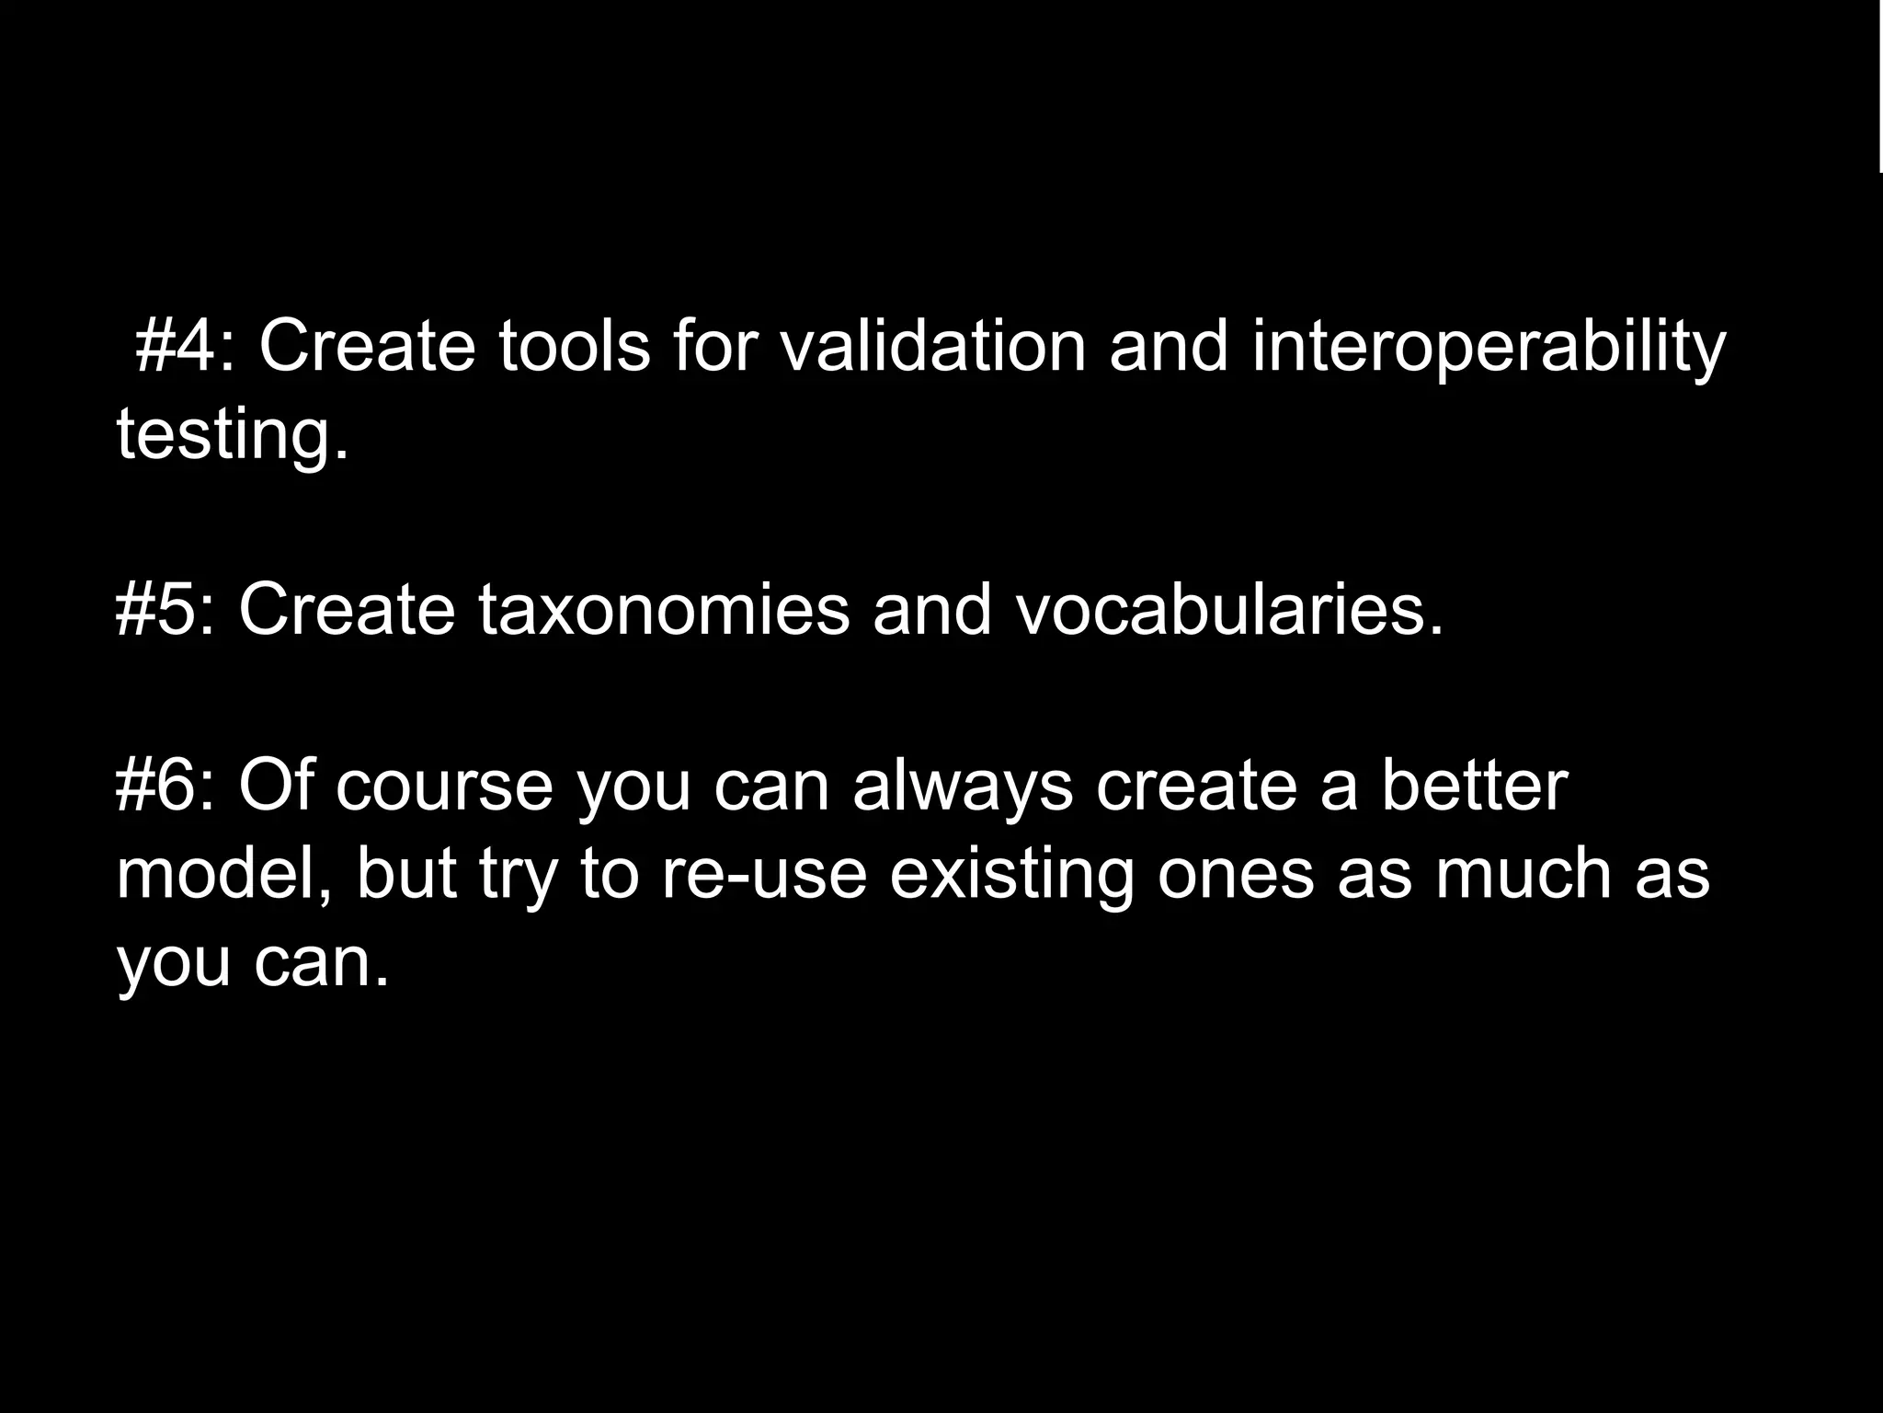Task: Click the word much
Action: [x=1524, y=874]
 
